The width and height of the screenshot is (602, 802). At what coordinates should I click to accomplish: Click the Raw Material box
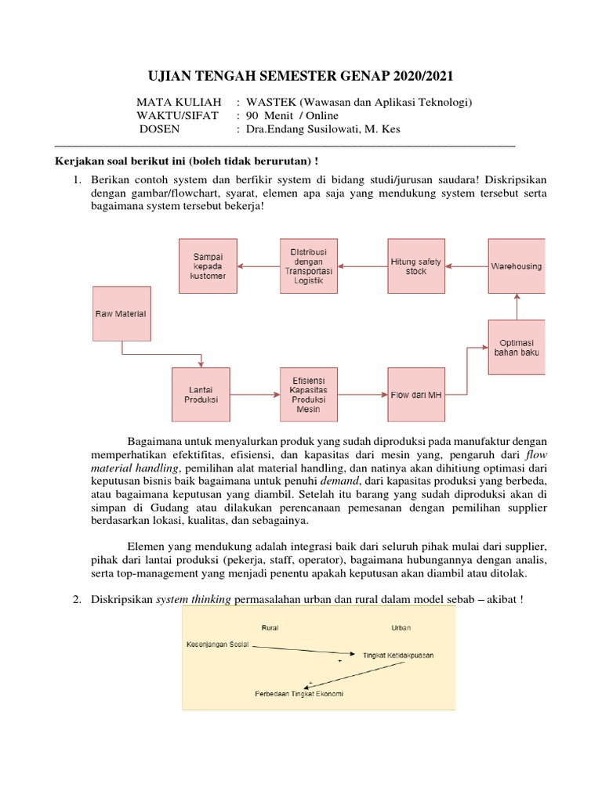pos(121,313)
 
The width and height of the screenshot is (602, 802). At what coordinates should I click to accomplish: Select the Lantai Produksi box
pos(201,395)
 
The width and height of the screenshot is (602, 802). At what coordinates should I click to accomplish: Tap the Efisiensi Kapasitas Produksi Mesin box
pos(309,395)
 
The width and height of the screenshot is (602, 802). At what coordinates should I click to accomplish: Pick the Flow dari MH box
pos(416,395)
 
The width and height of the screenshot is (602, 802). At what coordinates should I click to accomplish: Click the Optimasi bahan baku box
pos(517,346)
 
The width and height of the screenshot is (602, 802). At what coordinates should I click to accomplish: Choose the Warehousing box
pos(517,266)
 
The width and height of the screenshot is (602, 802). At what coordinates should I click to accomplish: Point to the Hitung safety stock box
pos(416,266)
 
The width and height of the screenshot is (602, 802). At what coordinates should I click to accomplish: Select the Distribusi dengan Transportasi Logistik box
pos(309,266)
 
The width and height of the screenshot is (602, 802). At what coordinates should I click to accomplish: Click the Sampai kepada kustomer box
pos(208,266)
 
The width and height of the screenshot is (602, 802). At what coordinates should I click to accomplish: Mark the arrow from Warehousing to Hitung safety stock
pos(466,266)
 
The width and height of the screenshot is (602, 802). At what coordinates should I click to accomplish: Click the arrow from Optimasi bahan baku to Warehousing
pos(517,306)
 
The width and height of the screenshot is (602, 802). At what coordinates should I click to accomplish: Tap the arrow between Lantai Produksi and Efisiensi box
pos(255,395)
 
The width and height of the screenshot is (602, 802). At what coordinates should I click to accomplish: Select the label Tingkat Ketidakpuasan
pos(398,654)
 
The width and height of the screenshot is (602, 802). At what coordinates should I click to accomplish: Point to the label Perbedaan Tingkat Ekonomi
pos(299,694)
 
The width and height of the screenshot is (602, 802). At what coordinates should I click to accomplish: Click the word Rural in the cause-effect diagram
pos(270,627)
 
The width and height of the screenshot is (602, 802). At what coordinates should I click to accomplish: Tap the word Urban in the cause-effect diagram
pos(401,627)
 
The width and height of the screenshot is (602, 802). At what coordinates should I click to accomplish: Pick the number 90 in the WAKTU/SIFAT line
pos(253,116)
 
